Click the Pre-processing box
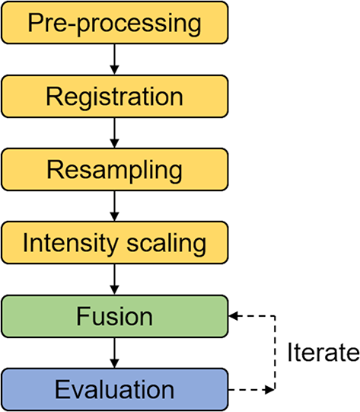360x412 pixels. pyautogui.click(x=114, y=23)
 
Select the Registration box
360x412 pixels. pyautogui.click(x=114, y=97)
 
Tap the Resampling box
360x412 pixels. pyautogui.click(x=114, y=170)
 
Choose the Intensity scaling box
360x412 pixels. pyautogui.click(x=114, y=243)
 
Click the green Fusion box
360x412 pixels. pyautogui.click(x=114, y=316)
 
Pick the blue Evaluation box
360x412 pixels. pyautogui.click(x=114, y=390)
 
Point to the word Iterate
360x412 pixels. pyautogui.click(x=322, y=353)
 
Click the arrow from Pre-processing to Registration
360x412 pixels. pyautogui.click(x=114, y=59)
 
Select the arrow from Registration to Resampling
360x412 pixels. pyautogui.click(x=114, y=133)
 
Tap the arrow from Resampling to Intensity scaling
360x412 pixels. pyautogui.click(x=114, y=206)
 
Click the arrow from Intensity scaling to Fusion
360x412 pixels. pyautogui.click(x=114, y=279)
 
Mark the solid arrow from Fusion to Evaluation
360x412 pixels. pyautogui.click(x=114, y=353)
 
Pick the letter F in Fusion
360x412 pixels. pyautogui.click(x=81, y=316)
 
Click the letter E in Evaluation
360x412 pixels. pyautogui.click(x=61, y=390)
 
